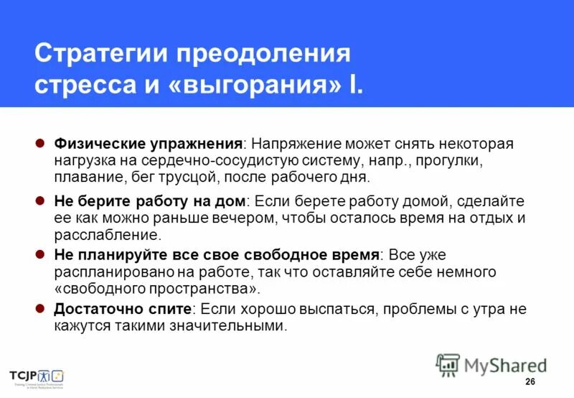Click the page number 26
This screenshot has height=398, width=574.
point(530,381)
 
